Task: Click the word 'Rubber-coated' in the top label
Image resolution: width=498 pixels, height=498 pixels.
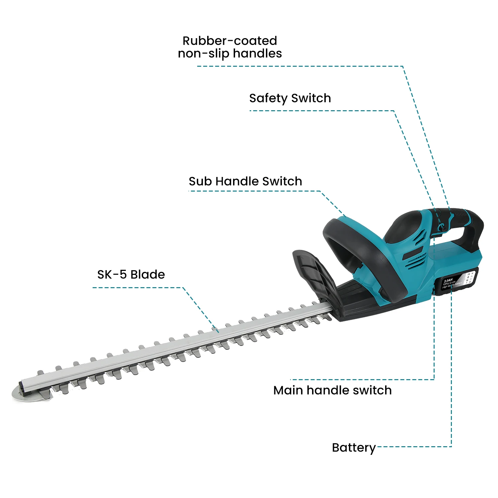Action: point(230,41)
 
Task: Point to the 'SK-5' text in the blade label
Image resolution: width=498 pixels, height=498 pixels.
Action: point(112,275)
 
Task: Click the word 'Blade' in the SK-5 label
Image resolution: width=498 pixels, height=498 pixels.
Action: point(148,275)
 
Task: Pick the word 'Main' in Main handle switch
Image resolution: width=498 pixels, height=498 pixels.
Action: point(288,390)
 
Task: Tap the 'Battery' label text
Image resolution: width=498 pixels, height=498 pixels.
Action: point(354,448)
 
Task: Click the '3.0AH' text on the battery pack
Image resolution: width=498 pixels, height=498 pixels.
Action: point(448,280)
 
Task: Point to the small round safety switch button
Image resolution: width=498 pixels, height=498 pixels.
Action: point(441,227)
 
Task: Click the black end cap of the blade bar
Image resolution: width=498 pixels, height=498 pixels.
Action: point(22,386)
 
